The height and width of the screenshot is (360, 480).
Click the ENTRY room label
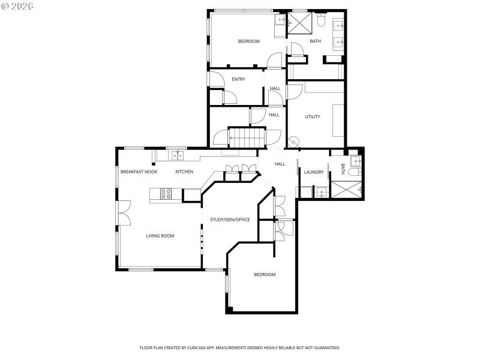coord(238,79)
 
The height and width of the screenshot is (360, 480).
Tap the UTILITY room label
coord(313,116)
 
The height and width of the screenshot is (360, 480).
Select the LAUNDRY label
coord(314,172)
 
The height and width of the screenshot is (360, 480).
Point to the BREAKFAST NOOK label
coord(139,172)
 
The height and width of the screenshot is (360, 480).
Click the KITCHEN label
coord(184,172)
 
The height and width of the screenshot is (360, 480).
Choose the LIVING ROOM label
coord(160,236)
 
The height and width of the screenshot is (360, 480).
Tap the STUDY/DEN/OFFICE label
coord(230,220)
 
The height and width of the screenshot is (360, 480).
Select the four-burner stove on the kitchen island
coord(166,193)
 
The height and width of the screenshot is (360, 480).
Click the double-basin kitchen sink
coord(178,155)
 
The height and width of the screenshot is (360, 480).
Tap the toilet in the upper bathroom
coord(321,22)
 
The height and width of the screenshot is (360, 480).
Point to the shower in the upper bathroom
coord(299,24)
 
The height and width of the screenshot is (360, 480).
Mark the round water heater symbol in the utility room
coord(294,142)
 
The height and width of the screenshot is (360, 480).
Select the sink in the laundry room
coord(321,193)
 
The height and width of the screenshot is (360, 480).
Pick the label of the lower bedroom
coord(265,274)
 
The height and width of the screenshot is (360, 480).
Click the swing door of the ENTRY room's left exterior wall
coord(214,79)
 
